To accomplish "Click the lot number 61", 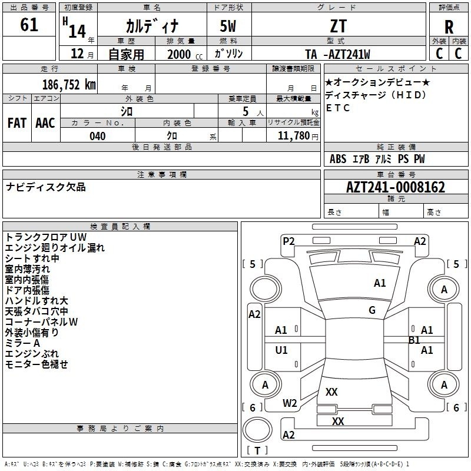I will pos(29,25).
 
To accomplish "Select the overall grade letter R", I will pos(449,27).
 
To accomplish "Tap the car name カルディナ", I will pos(151,26).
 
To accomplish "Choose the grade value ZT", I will pos(339,26).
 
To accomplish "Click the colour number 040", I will pos(98,136).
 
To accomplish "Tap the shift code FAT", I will pos(17,123).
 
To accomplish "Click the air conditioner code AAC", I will pos(45,123).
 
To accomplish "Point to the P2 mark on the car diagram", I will pos(288,241).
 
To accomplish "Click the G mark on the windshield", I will pos(372,310).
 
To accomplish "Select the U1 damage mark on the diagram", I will pos(281,350).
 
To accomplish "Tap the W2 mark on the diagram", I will pos(290,403).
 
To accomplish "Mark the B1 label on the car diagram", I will pos(414,340).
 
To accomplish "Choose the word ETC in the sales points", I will pos(338,108).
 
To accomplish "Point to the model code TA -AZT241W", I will pos(337,54).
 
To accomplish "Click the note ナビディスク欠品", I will pos(46,187).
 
